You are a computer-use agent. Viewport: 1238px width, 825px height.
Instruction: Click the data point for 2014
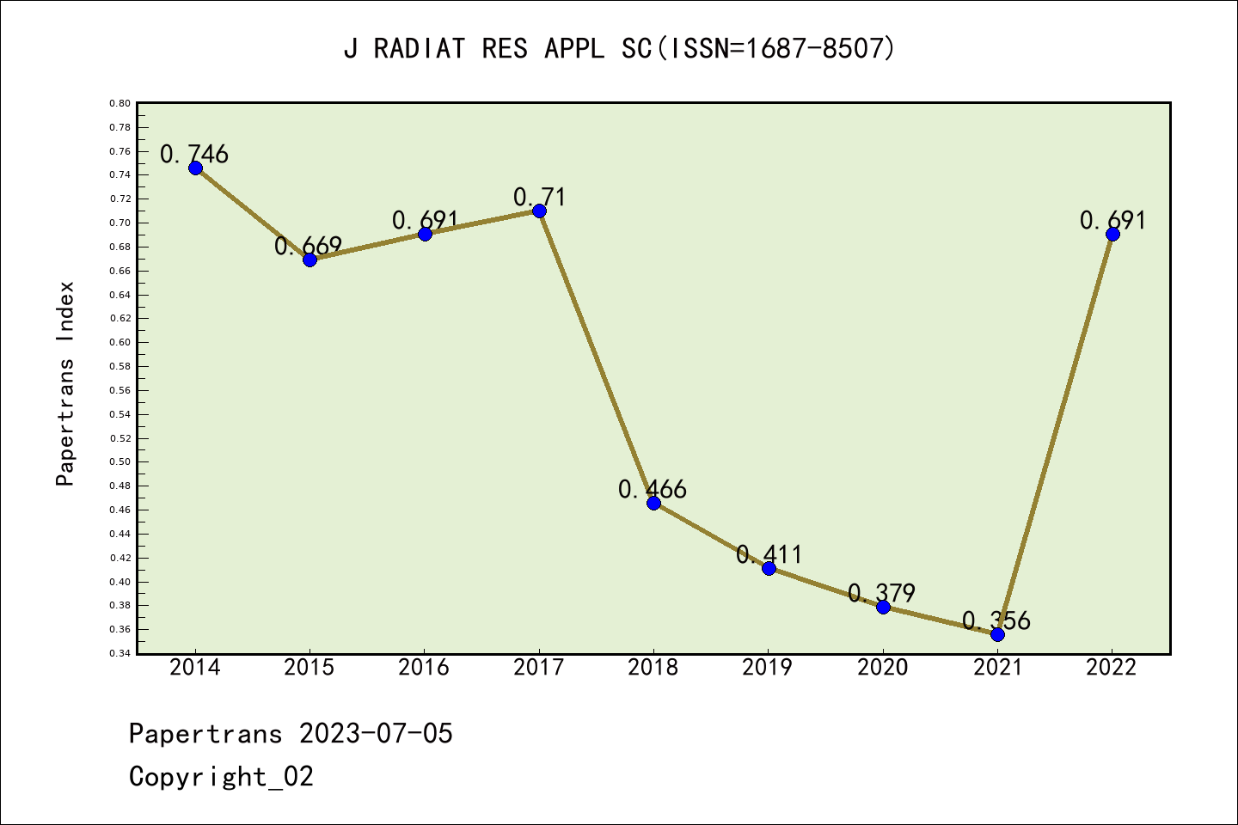click(195, 168)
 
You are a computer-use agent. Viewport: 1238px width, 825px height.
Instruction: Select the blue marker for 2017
click(539, 211)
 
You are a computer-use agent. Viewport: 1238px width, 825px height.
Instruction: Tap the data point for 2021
click(997, 634)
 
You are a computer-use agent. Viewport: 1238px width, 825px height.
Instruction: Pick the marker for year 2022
click(1112, 234)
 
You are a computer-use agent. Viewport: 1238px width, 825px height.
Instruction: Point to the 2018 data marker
click(653, 503)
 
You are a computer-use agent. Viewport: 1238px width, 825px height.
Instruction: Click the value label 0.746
click(194, 154)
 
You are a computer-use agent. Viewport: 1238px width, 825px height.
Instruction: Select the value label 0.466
click(653, 489)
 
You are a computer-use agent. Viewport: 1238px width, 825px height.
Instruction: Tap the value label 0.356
click(996, 620)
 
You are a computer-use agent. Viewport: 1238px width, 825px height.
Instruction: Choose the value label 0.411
click(769, 554)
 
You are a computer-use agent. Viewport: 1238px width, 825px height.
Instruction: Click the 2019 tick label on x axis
click(768, 667)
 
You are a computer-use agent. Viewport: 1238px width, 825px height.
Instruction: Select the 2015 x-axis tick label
click(309, 667)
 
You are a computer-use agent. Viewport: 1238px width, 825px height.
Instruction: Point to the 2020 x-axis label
click(883, 667)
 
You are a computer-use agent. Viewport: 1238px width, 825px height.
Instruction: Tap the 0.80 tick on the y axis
click(120, 103)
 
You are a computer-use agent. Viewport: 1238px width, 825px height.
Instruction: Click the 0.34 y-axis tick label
click(120, 653)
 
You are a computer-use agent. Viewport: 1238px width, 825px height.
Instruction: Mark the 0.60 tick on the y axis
click(120, 342)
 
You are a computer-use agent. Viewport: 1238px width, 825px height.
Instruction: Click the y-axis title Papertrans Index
click(66, 383)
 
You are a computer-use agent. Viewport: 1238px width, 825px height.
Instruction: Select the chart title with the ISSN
click(619, 48)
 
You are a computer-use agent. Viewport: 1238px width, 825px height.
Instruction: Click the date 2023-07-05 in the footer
click(376, 733)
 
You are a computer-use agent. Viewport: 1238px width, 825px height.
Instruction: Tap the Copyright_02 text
click(221, 776)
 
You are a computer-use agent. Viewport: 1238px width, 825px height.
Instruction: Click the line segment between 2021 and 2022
click(1055, 434)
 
